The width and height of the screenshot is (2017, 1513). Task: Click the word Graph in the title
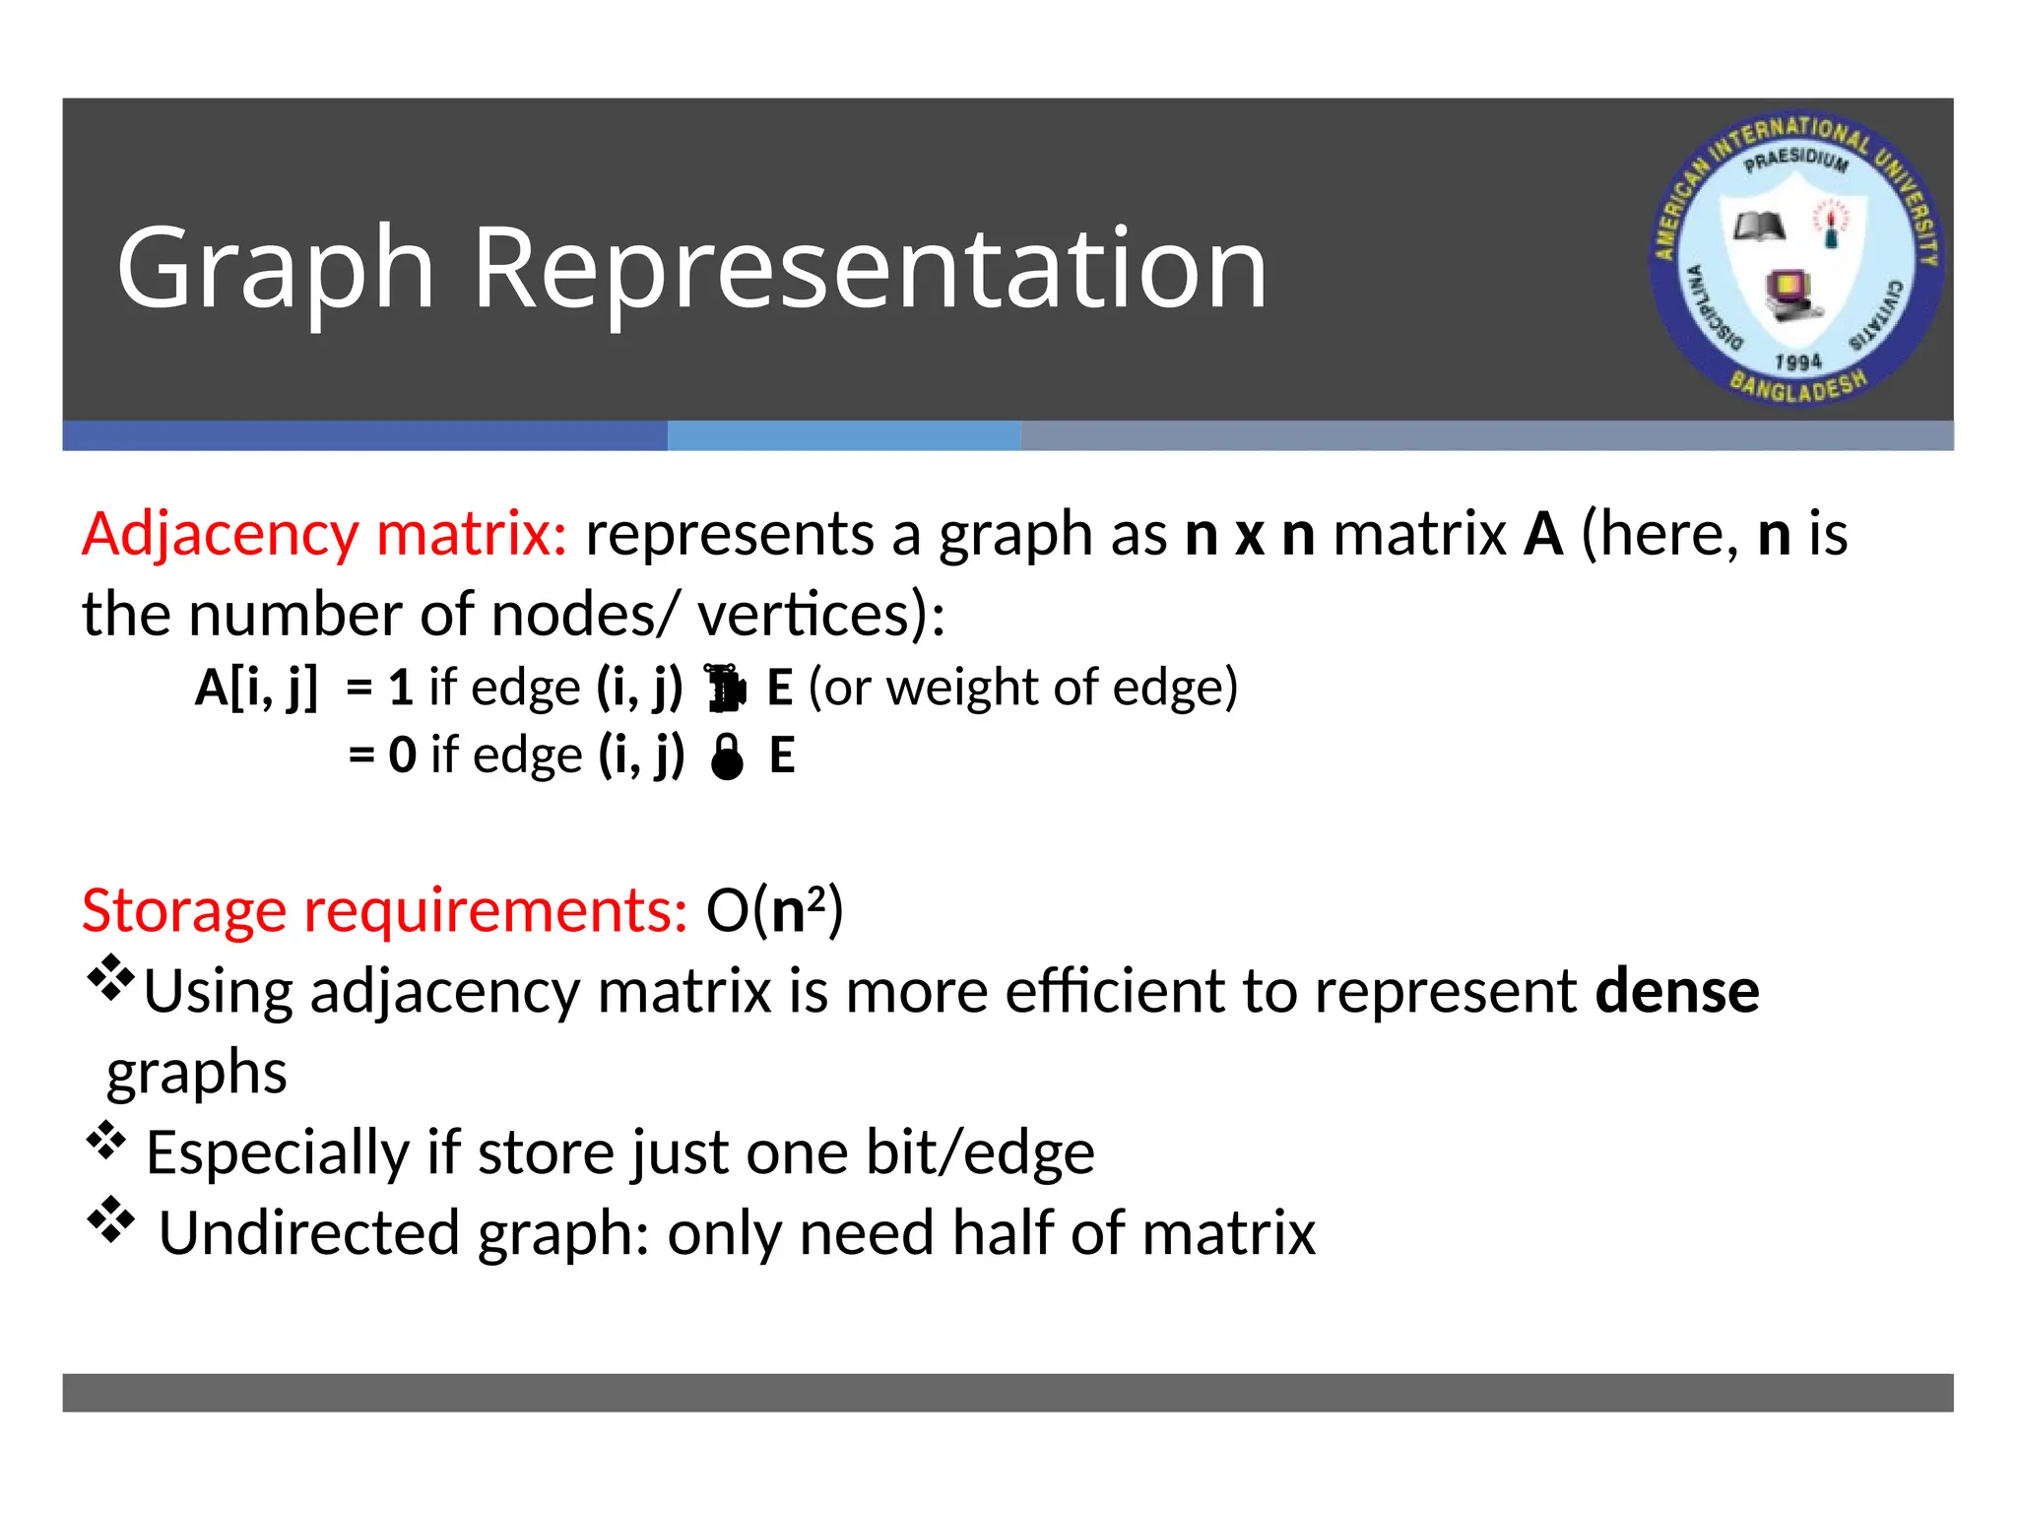click(276, 268)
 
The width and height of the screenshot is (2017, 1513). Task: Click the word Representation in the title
click(870, 268)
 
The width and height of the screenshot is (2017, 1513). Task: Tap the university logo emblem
click(1796, 258)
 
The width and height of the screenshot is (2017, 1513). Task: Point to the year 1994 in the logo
click(1797, 362)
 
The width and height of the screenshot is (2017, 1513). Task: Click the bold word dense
click(1676, 991)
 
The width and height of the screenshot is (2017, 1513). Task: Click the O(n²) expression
click(774, 910)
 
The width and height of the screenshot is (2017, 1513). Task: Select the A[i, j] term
click(256, 688)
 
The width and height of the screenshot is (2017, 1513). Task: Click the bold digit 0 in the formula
click(403, 756)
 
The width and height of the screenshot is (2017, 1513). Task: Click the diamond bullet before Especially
click(106, 1142)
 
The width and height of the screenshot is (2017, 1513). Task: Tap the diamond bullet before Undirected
click(110, 1221)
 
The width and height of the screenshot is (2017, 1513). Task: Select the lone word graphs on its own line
click(197, 1074)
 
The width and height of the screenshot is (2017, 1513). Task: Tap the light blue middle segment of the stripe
click(843, 436)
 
